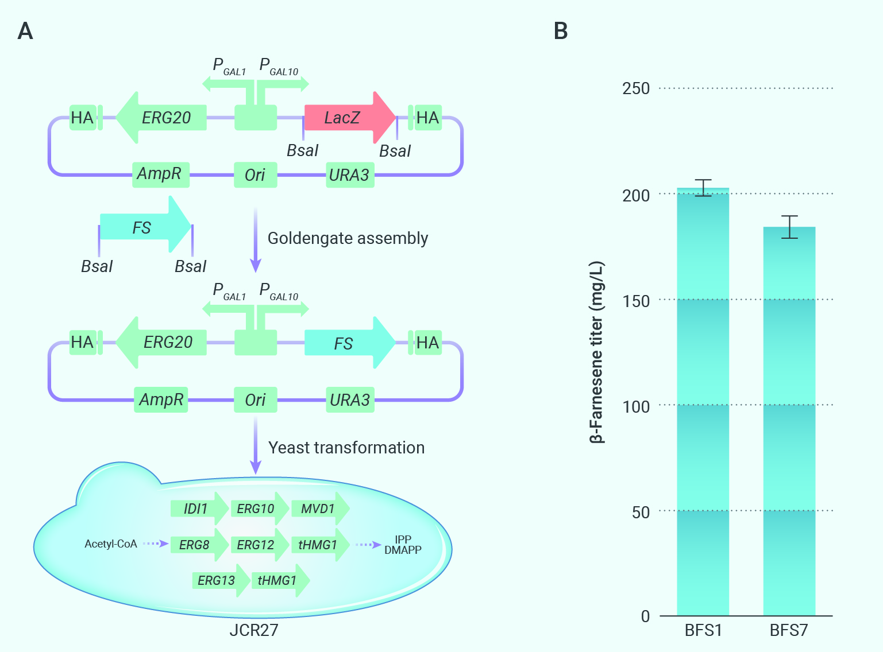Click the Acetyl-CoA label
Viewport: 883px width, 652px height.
[111, 544]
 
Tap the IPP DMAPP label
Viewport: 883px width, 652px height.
[403, 545]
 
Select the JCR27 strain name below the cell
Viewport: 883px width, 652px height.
[254, 630]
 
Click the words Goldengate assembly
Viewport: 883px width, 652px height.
[348, 238]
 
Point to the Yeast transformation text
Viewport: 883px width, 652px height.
[346, 448]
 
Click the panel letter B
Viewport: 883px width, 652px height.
[561, 31]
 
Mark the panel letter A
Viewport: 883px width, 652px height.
[25, 31]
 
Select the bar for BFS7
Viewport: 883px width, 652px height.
[789, 421]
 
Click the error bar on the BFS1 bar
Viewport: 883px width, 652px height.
[703, 188]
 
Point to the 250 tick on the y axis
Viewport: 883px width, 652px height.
[636, 88]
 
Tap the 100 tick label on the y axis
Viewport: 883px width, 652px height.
[636, 406]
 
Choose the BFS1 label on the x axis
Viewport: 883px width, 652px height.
[703, 631]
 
